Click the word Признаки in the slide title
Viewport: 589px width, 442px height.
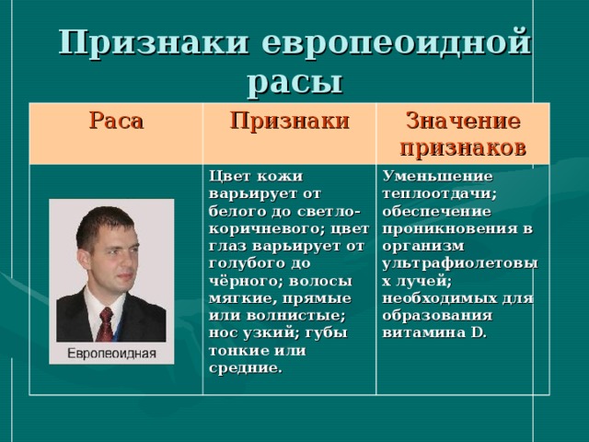(x=154, y=42)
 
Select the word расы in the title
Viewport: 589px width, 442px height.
(x=295, y=82)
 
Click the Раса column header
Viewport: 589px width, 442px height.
(x=116, y=121)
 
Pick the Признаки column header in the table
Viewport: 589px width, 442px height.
(x=290, y=121)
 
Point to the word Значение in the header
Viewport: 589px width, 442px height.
(x=463, y=121)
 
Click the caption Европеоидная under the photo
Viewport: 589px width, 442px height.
(x=111, y=354)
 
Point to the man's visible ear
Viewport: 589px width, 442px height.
(x=83, y=260)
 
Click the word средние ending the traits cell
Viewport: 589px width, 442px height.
(x=245, y=368)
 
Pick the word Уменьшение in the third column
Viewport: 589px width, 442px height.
(x=437, y=176)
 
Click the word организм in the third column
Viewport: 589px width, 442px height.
(x=423, y=247)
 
